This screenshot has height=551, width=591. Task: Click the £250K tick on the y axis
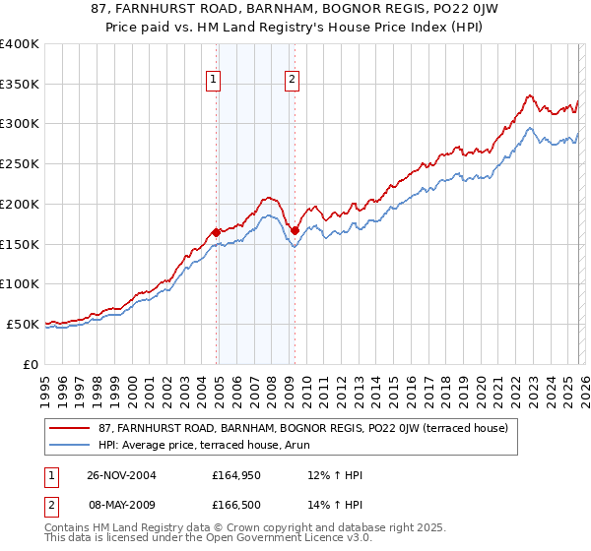20,163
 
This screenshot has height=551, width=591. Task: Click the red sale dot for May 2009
295,230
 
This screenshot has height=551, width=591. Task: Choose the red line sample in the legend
69,428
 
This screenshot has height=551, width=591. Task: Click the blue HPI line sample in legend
69,445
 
